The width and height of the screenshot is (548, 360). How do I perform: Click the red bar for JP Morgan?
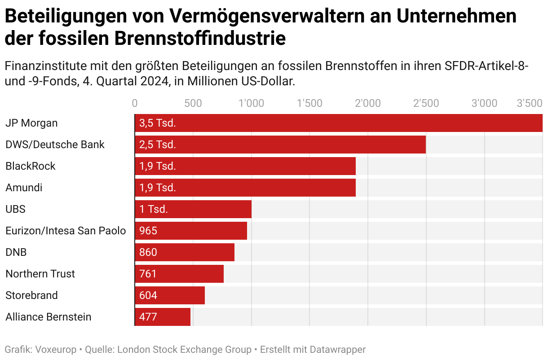point(339,123)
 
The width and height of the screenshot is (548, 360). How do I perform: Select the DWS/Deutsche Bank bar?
point(280,145)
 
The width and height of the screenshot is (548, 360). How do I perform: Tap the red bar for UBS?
point(193,209)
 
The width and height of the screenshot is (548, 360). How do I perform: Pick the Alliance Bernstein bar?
point(163,317)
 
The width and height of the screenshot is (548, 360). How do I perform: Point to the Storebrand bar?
point(170,295)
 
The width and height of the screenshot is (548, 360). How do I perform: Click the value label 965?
point(148,231)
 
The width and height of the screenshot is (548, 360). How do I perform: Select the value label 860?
point(148,252)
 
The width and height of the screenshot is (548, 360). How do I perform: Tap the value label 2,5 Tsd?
point(158,145)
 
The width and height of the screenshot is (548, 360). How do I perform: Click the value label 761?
point(148,274)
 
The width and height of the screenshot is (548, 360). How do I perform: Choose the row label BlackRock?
point(31,166)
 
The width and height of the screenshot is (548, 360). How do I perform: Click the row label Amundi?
point(24,188)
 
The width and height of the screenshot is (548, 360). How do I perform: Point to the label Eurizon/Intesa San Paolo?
point(66,231)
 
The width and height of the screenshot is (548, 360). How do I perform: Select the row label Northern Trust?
point(40,274)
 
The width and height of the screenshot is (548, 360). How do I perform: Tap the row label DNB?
point(16,252)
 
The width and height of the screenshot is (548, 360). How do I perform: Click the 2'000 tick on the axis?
point(367,103)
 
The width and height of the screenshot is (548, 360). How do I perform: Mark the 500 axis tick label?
point(193,103)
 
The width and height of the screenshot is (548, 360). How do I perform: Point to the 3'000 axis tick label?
point(484,103)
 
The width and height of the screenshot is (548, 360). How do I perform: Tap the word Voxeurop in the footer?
point(56,350)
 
